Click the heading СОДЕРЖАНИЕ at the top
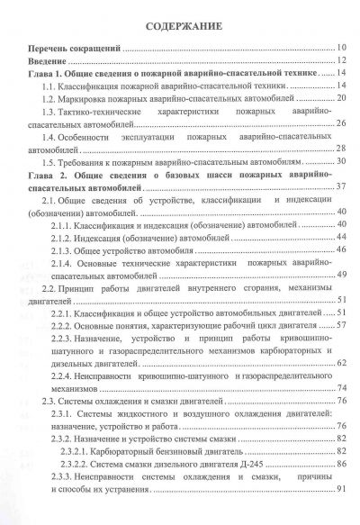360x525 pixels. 180,24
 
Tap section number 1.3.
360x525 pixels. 49,109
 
